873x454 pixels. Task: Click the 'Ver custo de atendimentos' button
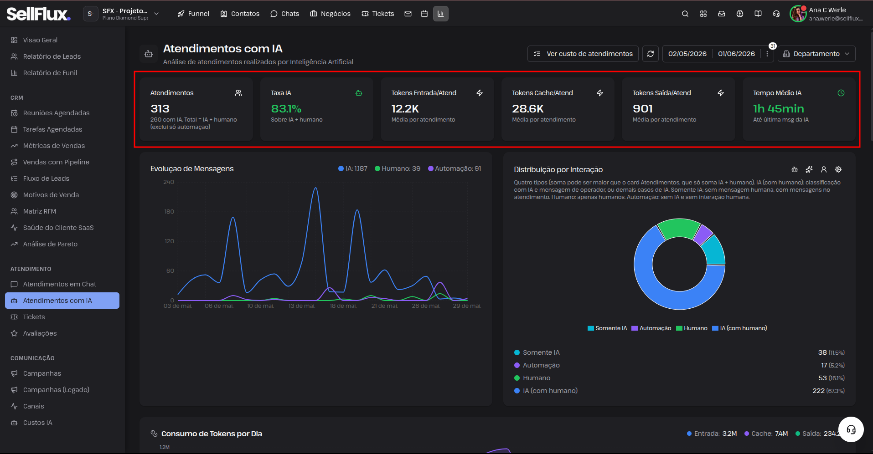click(583, 54)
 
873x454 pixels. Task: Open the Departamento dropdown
click(816, 54)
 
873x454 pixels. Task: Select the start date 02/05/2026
click(687, 54)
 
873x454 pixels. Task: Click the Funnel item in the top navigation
click(193, 14)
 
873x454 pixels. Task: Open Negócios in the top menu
click(331, 14)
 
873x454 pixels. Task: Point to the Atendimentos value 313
click(160, 109)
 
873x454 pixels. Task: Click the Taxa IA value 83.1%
click(286, 109)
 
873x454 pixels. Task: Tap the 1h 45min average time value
click(779, 109)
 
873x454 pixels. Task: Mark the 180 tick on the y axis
click(169, 212)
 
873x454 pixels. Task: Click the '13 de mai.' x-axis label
click(302, 306)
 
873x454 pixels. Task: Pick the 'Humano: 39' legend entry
click(398, 168)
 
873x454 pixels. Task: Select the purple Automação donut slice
click(703, 234)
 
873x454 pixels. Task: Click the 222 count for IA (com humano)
click(818, 391)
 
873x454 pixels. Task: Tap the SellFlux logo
click(39, 14)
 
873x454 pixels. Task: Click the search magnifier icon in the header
click(685, 14)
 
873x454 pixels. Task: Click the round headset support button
click(851, 429)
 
